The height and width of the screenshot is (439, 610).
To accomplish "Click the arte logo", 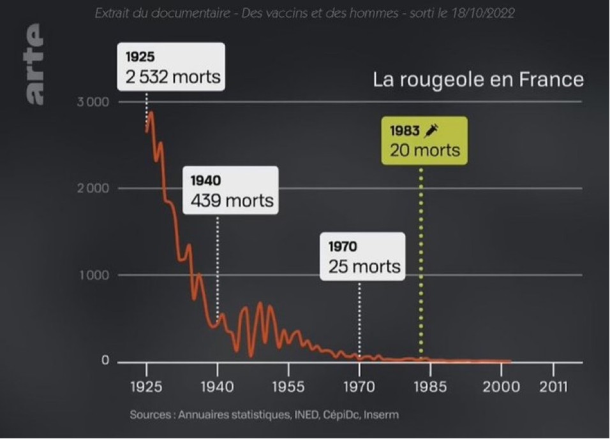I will (33, 64).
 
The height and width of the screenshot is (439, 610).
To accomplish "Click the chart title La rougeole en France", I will (478, 80).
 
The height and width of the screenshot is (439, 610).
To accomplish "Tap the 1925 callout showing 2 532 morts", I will (171, 67).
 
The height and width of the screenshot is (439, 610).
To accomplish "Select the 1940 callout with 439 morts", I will (231, 191).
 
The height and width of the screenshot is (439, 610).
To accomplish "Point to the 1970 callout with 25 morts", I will (363, 256).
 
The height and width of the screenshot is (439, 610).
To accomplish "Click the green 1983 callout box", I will (424, 141).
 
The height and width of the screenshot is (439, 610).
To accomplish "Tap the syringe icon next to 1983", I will (432, 131).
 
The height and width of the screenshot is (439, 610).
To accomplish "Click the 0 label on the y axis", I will (105, 361).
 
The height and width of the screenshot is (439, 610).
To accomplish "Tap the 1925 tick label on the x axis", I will (146, 387).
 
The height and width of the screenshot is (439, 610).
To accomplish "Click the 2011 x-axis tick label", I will (553, 387).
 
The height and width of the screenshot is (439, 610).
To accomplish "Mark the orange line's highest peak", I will (151, 113).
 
